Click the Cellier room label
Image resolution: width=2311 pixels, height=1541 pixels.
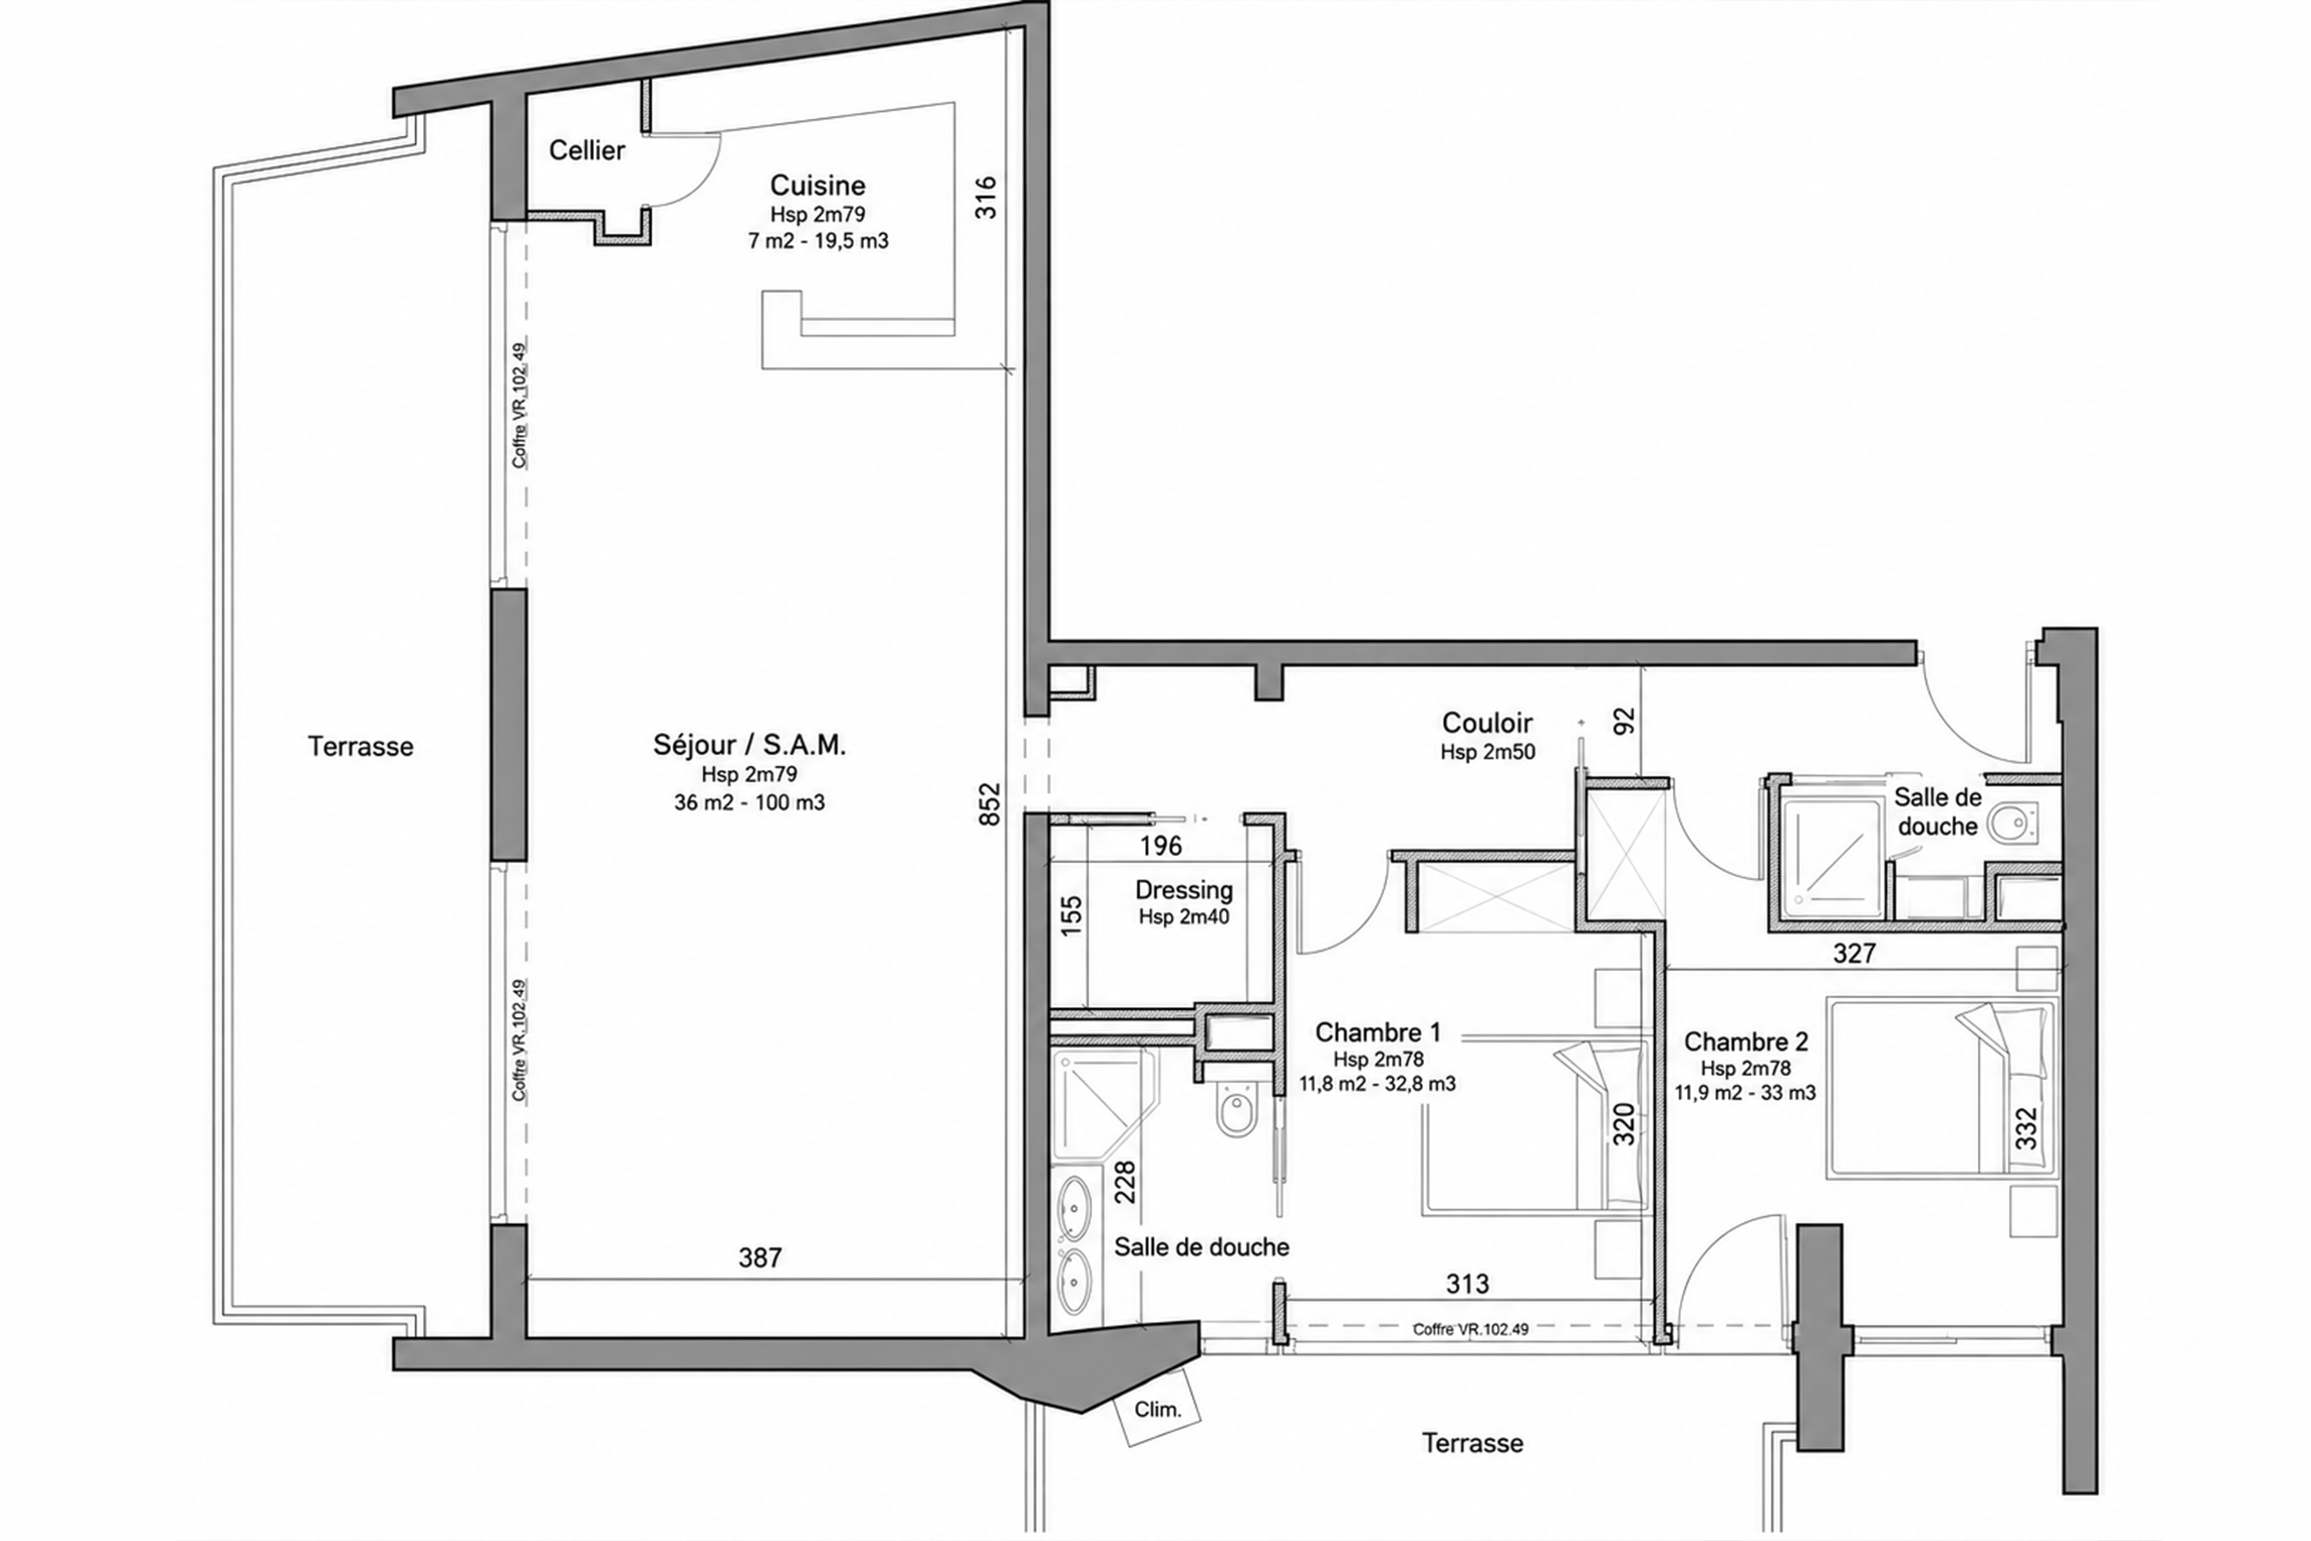pos(587,150)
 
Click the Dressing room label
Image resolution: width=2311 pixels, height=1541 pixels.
pos(1184,890)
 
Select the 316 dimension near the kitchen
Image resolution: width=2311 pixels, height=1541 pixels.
pos(986,196)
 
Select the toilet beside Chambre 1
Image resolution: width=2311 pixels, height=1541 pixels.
pos(1236,1109)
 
